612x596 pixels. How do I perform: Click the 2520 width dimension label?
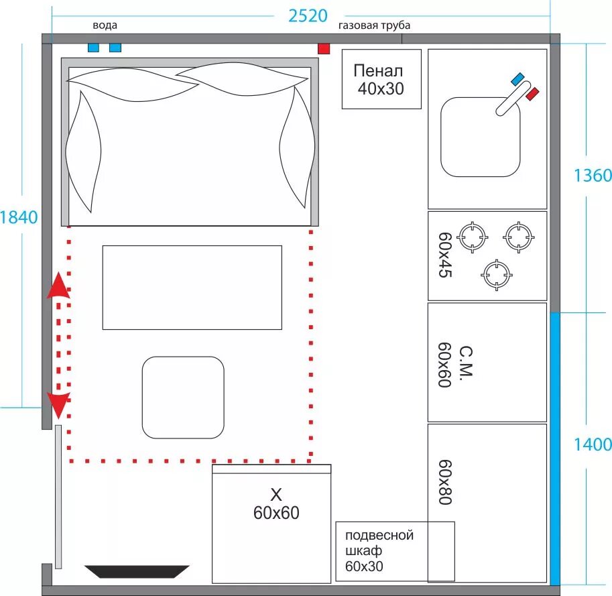(308, 16)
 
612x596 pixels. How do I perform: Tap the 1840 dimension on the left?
(19, 217)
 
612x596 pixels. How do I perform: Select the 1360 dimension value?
(593, 176)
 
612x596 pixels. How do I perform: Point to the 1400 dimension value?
(593, 444)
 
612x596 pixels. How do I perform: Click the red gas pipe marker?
(324, 49)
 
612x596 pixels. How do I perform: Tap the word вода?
(105, 25)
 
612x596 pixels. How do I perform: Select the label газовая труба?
(374, 25)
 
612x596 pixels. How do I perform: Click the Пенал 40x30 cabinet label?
(379, 80)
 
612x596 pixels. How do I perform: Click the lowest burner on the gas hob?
(497, 275)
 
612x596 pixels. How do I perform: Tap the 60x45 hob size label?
(445, 255)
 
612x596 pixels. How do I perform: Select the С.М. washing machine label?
(467, 362)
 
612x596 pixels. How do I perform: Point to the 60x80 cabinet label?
(445, 483)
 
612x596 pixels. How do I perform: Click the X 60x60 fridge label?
(276, 504)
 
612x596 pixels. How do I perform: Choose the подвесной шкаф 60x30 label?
(379, 550)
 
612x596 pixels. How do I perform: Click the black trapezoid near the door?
(137, 571)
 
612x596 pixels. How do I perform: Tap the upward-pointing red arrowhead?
(58, 286)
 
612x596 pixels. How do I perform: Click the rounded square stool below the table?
(183, 398)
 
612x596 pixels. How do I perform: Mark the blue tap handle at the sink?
(517, 78)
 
